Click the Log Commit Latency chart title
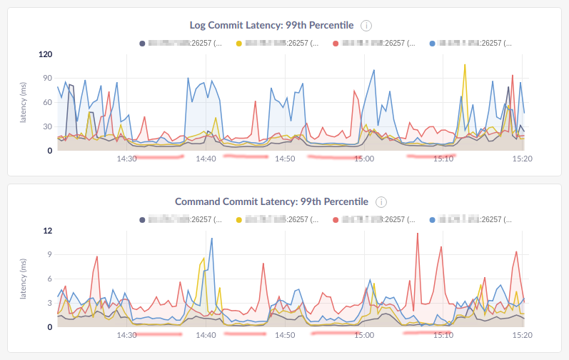271,25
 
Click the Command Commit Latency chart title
271,202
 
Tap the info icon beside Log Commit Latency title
366,26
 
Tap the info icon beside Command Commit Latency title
381,202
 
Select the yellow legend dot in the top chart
239,43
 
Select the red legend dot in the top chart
336,43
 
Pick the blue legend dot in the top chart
433,43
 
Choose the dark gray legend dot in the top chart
142,43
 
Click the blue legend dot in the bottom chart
433,220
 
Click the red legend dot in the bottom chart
336,220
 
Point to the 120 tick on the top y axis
46,54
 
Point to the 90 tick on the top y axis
49,79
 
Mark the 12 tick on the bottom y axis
49,231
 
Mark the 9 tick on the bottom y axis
50,255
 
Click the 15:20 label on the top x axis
522,159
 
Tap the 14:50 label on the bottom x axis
285,335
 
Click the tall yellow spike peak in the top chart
465,64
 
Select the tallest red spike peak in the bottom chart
418,234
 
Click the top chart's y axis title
24,102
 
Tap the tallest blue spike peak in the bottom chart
212,239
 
